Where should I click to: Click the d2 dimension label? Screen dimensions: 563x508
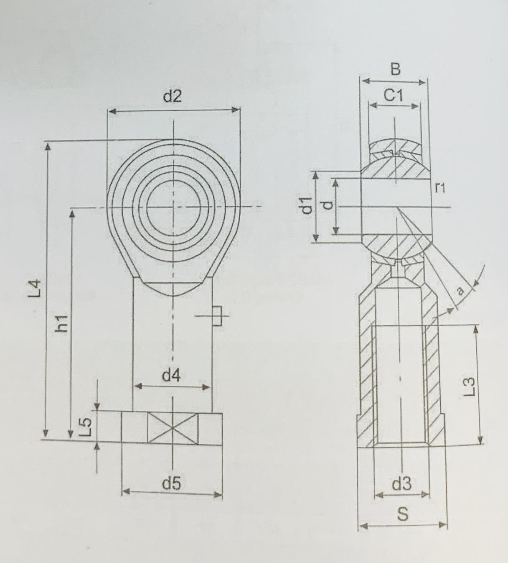click(172, 97)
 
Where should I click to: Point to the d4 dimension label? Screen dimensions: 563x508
click(171, 376)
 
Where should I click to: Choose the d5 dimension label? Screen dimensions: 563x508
click(171, 484)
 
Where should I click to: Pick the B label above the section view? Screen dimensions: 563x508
click(395, 69)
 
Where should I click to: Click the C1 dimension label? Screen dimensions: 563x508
click(393, 96)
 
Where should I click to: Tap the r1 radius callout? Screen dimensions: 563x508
click(440, 188)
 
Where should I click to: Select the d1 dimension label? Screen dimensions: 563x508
click(307, 205)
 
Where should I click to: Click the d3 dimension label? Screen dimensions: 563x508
click(401, 484)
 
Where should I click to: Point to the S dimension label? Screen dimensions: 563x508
click(402, 514)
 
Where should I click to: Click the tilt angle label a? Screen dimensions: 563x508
click(460, 291)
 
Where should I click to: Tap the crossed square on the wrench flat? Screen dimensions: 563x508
click(173, 428)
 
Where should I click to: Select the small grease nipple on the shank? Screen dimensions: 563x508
click(217, 315)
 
